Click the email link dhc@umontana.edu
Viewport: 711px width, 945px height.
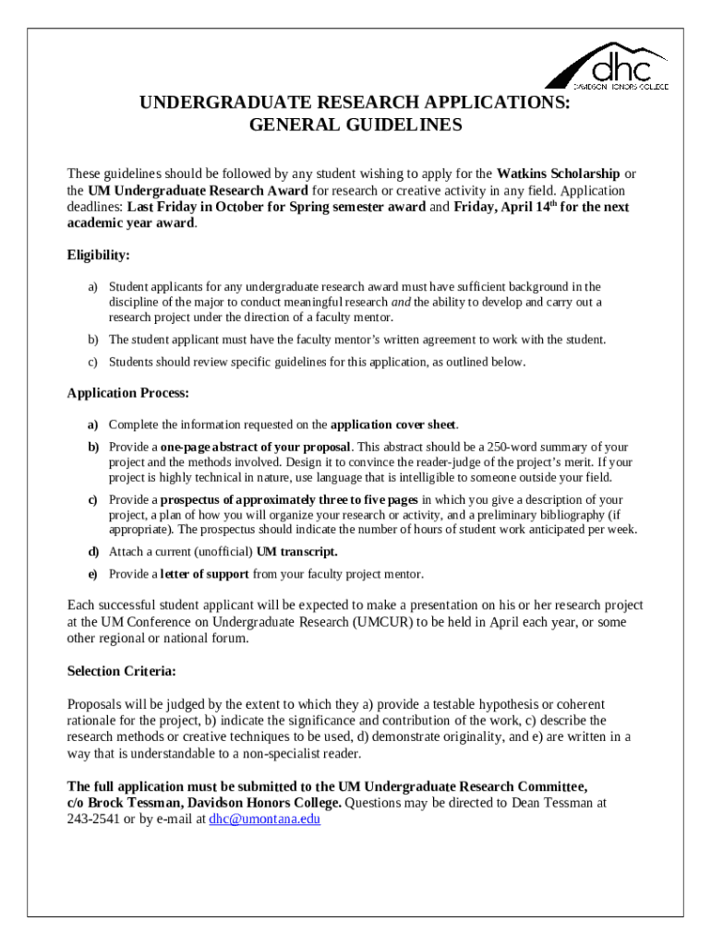[x=264, y=819]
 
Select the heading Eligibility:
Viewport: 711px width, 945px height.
[x=99, y=255]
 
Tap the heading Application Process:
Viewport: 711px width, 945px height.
[x=128, y=393]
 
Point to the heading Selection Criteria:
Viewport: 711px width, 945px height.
[x=122, y=671]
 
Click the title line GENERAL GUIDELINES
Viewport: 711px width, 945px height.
[x=355, y=126]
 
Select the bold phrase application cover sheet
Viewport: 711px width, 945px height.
[x=393, y=425]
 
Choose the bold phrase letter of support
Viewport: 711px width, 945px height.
[x=204, y=574]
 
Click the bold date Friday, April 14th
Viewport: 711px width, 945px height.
[x=504, y=207]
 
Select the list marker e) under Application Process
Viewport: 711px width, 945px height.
[x=92, y=574]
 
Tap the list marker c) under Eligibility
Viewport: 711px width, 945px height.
[x=92, y=363]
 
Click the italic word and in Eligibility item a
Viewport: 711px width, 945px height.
[x=401, y=303]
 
